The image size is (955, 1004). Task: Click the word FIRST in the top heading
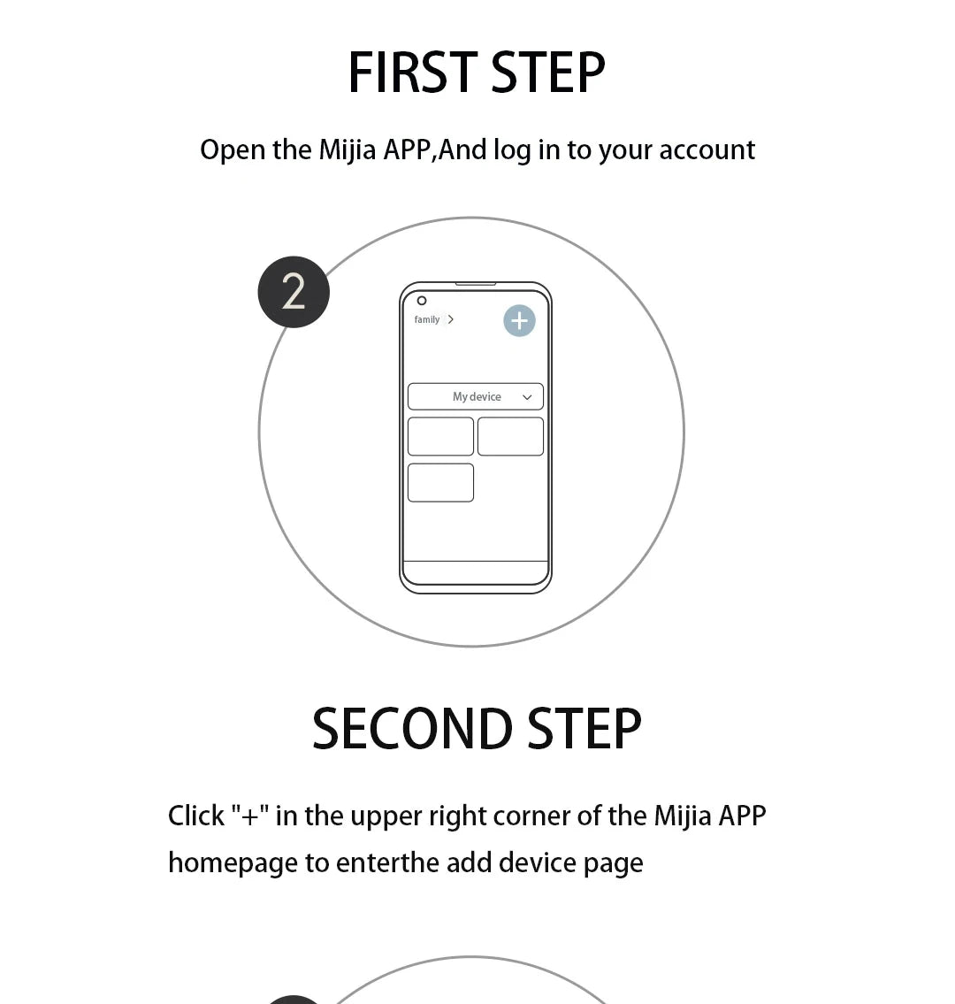coord(412,73)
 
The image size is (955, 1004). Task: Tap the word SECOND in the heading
coord(412,730)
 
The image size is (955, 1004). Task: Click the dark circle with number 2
coord(294,292)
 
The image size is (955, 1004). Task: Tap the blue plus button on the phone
coord(519,320)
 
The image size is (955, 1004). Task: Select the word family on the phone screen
coord(427,319)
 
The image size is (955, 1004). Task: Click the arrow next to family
coord(451,319)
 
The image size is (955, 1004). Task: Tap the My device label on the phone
coord(477,397)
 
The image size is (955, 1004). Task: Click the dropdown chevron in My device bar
coord(527,397)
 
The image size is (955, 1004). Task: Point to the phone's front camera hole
coord(422,301)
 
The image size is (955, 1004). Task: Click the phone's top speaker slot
coord(476,284)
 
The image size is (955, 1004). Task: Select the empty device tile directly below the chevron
coord(510,437)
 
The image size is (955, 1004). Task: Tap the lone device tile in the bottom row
coord(440,483)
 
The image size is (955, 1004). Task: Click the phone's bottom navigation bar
coord(476,572)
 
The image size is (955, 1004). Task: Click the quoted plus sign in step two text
coord(249,816)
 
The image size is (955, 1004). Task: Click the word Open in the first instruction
coord(233,150)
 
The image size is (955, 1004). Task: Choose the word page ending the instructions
coord(613,863)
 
